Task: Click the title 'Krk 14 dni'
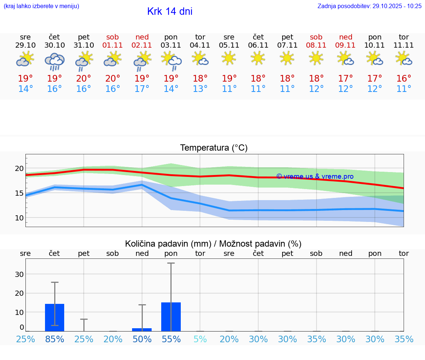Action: click(170, 11)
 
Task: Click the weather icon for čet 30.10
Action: click(55, 61)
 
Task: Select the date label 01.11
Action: click(113, 45)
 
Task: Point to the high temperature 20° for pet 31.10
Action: click(84, 79)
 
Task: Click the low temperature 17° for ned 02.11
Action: click(142, 89)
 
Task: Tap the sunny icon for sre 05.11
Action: click(229, 58)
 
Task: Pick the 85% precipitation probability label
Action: click(55, 339)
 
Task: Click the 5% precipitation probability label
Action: click(200, 339)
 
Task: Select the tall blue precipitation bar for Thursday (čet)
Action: click(55, 318)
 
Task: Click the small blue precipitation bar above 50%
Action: click(142, 329)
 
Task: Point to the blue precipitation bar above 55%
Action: click(171, 317)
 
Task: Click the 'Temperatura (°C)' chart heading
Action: click(214, 148)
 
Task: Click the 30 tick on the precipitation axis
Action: click(19, 274)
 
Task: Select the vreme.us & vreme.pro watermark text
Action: click(315, 176)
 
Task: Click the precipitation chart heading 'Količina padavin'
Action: click(213, 244)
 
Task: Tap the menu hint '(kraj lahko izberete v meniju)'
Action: click(41, 6)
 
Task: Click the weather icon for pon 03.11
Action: click(171, 60)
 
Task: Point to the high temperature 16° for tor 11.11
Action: click(404, 79)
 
